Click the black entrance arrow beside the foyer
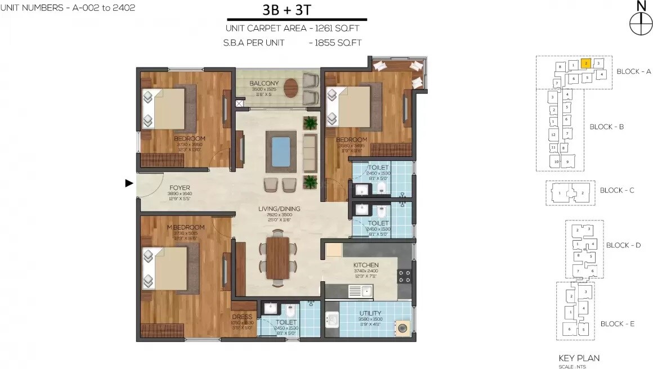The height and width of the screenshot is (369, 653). click(x=129, y=183)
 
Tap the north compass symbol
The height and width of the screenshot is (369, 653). click(x=640, y=24)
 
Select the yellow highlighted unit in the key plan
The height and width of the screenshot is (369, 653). click(x=585, y=64)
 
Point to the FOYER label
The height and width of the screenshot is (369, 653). click(x=180, y=188)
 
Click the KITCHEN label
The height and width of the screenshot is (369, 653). click(x=365, y=265)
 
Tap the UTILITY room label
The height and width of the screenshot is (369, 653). click(x=370, y=313)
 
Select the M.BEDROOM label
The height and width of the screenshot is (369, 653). click(x=185, y=227)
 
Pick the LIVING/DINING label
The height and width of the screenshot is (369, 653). click(x=279, y=209)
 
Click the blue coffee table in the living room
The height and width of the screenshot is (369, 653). click(x=281, y=151)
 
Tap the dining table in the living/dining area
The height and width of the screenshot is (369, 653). click(x=278, y=258)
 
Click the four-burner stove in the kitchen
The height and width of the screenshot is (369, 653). click(x=405, y=276)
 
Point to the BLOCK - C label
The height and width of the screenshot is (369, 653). click(x=616, y=190)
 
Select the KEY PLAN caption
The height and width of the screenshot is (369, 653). click(x=579, y=358)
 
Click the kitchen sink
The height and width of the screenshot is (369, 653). click(x=360, y=291)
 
